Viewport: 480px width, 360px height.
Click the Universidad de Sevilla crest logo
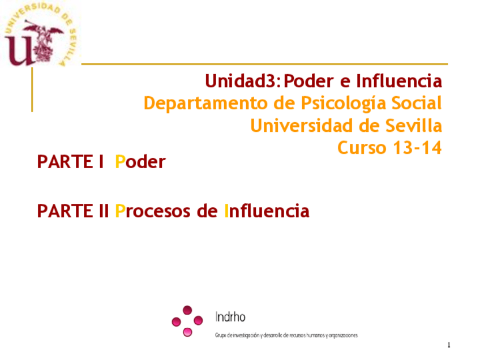(40, 33)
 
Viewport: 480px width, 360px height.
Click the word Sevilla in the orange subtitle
(413, 126)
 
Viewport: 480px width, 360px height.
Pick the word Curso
(362, 148)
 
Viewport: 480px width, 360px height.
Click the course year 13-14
(417, 148)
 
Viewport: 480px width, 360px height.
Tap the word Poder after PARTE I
(140, 161)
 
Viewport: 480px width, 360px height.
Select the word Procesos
(153, 211)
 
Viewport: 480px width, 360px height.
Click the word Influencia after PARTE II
(267, 211)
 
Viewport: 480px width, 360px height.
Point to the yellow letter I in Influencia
(226, 211)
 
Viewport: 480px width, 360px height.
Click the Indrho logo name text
(230, 317)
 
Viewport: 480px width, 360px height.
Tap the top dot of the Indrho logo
(187, 310)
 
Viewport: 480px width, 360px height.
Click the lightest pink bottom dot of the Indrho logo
(187, 332)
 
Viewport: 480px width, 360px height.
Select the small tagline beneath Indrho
(286, 335)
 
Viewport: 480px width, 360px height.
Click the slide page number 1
(449, 345)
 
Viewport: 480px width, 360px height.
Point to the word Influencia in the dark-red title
(399, 81)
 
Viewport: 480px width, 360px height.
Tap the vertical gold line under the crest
(32, 89)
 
